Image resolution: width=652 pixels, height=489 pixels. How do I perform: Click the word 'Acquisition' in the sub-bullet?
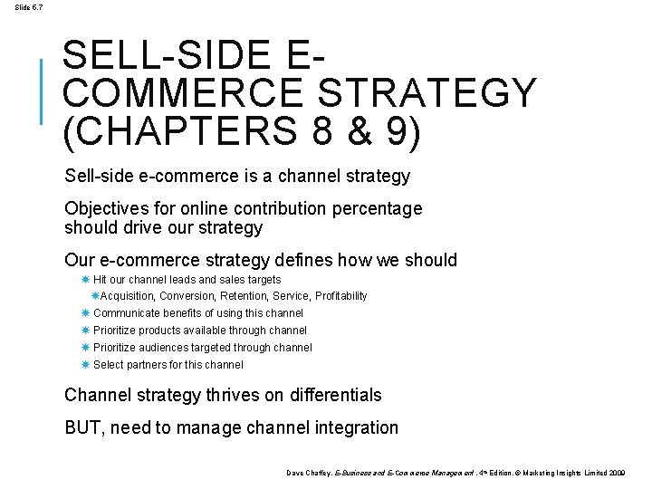tap(127, 296)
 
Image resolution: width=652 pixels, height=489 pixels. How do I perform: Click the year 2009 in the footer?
tap(616, 473)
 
